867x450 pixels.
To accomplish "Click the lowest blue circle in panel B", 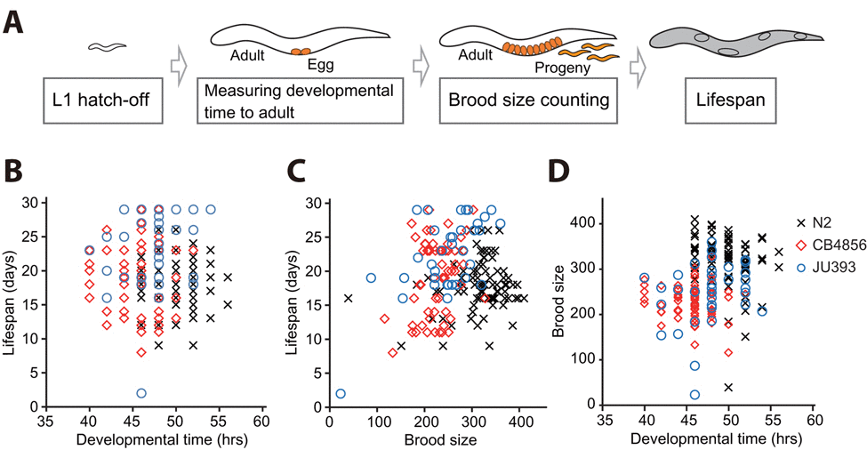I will (141, 393).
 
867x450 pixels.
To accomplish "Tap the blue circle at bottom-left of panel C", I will (341, 393).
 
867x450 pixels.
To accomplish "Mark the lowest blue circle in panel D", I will (694, 395).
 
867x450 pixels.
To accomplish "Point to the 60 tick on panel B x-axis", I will (262, 420).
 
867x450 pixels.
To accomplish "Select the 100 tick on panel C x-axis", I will (377, 420).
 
